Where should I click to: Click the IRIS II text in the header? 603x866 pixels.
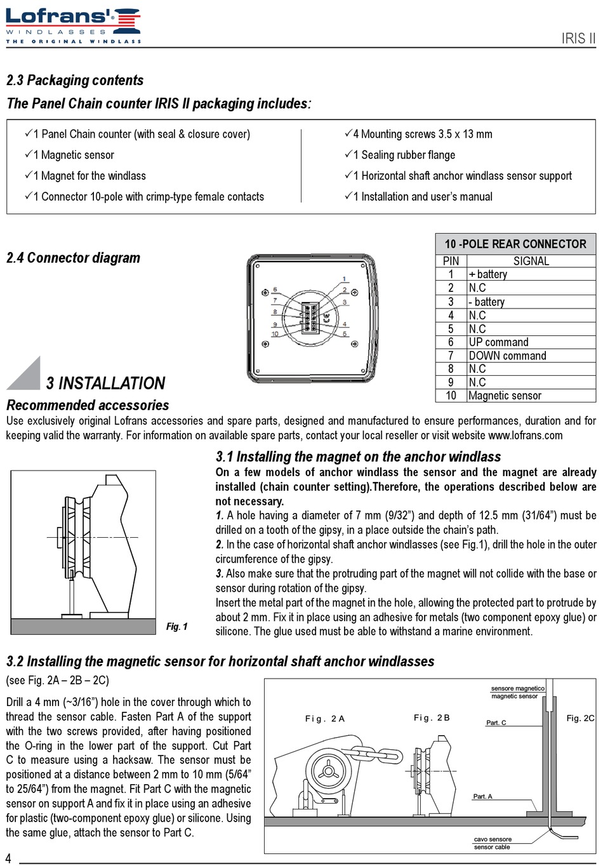578,38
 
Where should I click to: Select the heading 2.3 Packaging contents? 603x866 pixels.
75,81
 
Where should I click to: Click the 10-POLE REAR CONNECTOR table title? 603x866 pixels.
515,244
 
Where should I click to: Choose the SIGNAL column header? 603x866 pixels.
531,261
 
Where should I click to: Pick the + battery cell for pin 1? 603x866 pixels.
488,274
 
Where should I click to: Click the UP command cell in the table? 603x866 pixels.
498,342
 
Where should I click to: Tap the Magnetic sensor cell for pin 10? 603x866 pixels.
505,396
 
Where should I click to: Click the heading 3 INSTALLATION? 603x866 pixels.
105,383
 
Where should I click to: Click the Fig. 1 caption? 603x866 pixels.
177,627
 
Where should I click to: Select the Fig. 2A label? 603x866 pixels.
324,719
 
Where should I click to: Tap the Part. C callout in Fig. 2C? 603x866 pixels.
496,723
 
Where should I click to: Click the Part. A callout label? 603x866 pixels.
482,796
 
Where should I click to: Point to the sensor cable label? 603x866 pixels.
492,847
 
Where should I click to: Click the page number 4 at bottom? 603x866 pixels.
8,858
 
